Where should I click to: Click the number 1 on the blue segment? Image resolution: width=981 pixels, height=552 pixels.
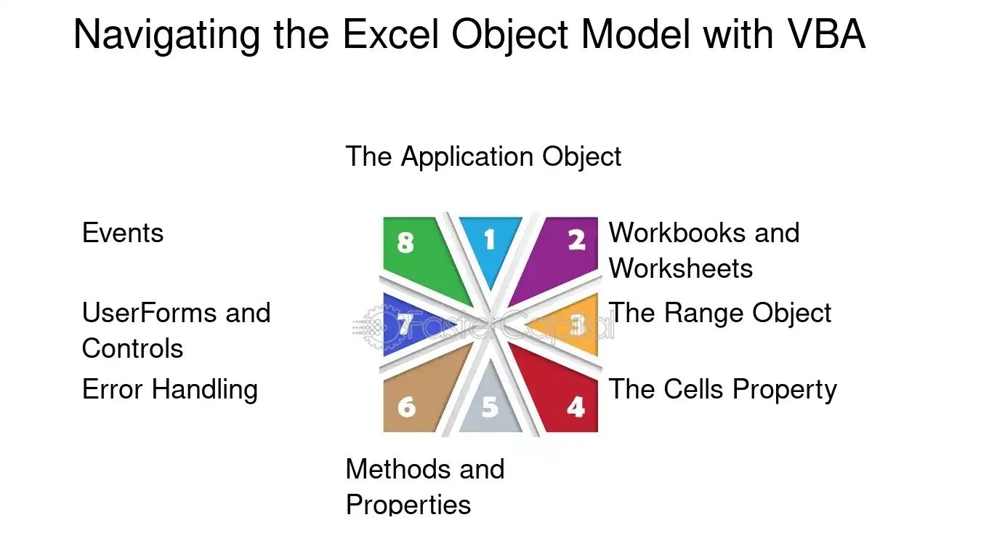click(490, 239)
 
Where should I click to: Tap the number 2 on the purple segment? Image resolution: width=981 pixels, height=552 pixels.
click(576, 239)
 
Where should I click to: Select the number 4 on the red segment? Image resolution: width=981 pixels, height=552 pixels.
click(576, 407)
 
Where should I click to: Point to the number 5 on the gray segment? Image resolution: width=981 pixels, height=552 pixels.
click(490, 407)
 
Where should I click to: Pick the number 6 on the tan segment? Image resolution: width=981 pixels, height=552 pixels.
click(406, 407)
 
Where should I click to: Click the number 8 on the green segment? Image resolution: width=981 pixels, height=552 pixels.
click(405, 242)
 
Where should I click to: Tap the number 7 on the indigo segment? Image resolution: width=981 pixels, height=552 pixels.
click(405, 324)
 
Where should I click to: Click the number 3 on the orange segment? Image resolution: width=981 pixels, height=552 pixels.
click(577, 325)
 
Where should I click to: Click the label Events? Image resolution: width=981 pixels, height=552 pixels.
click(123, 233)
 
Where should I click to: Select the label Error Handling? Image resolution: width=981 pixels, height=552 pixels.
click(170, 389)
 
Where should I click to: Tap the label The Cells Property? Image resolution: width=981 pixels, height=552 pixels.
click(722, 389)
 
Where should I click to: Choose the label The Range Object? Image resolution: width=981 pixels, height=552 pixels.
click(720, 313)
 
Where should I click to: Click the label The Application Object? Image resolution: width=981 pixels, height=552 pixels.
click(483, 156)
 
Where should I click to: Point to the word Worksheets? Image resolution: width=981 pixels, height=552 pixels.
click(681, 268)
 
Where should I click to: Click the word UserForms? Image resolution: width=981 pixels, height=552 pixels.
click(149, 313)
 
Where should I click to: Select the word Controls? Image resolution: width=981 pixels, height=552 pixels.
click(132, 348)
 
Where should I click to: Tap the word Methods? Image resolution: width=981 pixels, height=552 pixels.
click(398, 469)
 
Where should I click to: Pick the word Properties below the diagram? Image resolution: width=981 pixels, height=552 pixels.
click(408, 505)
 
